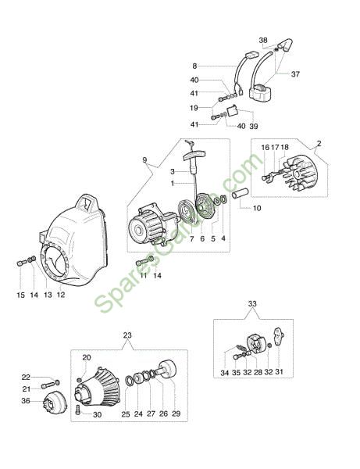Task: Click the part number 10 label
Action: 257,208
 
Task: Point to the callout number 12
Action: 61,295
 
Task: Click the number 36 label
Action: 26,400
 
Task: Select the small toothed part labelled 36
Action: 55,403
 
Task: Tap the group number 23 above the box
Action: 127,335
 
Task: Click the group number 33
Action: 252,303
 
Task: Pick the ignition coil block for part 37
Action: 260,91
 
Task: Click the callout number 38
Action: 263,40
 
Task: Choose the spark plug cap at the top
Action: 285,45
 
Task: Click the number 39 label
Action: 254,126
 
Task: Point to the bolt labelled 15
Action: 22,263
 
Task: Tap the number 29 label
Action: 176,414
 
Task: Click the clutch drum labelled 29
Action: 167,370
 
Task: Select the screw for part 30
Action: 78,409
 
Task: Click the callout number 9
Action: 145,160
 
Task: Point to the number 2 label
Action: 319,143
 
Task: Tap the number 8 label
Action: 194,66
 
